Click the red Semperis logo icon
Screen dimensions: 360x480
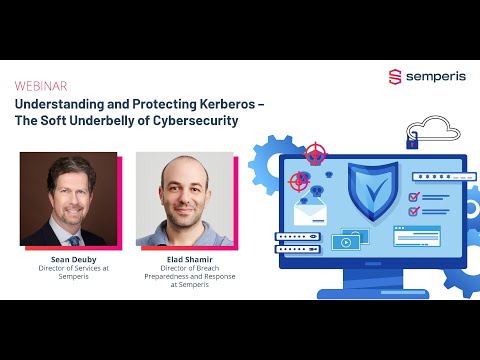click(394, 76)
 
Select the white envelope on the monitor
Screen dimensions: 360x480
click(309, 212)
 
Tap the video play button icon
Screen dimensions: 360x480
click(345, 242)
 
